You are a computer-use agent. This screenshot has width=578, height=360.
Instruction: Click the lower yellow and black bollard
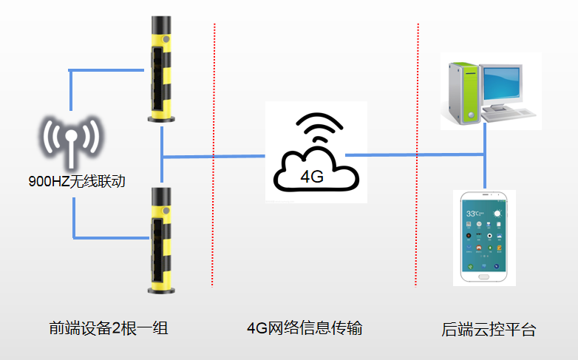tap(161, 237)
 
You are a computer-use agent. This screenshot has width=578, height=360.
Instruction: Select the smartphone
tap(483, 237)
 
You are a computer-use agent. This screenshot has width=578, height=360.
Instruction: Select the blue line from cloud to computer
tap(414, 154)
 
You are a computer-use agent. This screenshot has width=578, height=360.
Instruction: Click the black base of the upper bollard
tap(161, 118)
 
